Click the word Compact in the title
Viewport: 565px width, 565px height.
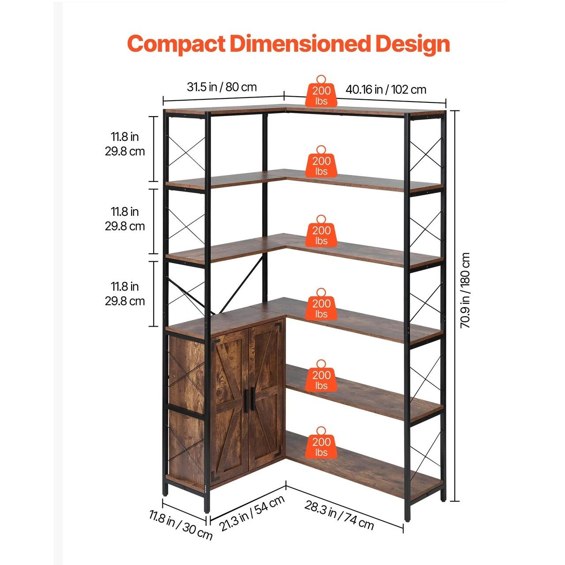176,44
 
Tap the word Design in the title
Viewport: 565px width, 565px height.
413,45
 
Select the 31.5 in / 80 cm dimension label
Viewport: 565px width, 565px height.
222,87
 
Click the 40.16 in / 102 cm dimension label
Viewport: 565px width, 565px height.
386,90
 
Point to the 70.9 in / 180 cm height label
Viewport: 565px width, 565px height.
465,290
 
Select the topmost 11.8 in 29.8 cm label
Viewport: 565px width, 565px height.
125,144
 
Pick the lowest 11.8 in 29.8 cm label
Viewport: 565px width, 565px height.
125,294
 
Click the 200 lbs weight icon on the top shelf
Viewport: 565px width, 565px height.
321,91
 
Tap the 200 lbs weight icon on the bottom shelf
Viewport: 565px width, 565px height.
321,443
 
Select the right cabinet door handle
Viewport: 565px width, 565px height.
253,399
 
